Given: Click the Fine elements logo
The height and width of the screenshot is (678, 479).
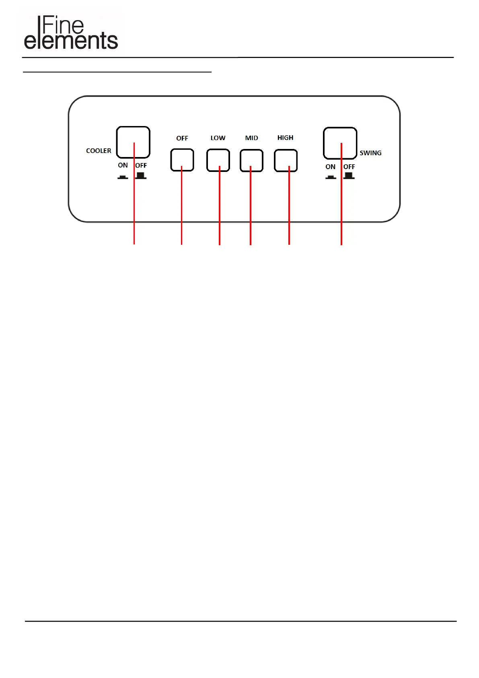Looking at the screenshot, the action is (71, 33).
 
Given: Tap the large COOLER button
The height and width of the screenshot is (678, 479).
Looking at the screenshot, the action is (133, 142).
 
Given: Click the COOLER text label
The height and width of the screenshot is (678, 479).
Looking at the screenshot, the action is (99, 151).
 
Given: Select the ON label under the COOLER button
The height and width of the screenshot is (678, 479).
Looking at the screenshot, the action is (123, 165).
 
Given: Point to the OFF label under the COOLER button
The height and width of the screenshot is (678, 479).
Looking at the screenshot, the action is (141, 165).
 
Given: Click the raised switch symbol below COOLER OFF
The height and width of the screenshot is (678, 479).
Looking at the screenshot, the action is (141, 176).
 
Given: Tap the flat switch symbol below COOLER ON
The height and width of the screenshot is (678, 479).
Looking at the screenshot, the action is (123, 177).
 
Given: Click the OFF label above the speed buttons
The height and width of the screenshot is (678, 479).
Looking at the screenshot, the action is (182, 138).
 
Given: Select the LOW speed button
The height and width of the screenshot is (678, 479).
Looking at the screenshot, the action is (218, 160).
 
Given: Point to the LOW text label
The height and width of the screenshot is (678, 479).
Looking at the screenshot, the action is (218, 138).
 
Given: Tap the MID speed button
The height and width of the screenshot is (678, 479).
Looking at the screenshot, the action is (252, 161).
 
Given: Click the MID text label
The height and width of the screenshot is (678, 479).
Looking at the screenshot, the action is (252, 138).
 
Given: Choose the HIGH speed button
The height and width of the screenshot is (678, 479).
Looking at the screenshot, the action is (286, 161).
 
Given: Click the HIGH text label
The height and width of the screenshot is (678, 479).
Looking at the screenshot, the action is (285, 137).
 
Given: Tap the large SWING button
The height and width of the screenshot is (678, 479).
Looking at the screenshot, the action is (340, 143).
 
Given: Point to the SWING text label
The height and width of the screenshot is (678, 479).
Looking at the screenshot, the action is (370, 153).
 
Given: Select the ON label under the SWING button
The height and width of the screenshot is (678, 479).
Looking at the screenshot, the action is (330, 167).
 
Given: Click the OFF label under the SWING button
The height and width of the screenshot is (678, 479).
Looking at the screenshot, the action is (349, 167).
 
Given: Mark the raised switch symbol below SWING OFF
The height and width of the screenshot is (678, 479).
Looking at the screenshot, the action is (349, 176).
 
